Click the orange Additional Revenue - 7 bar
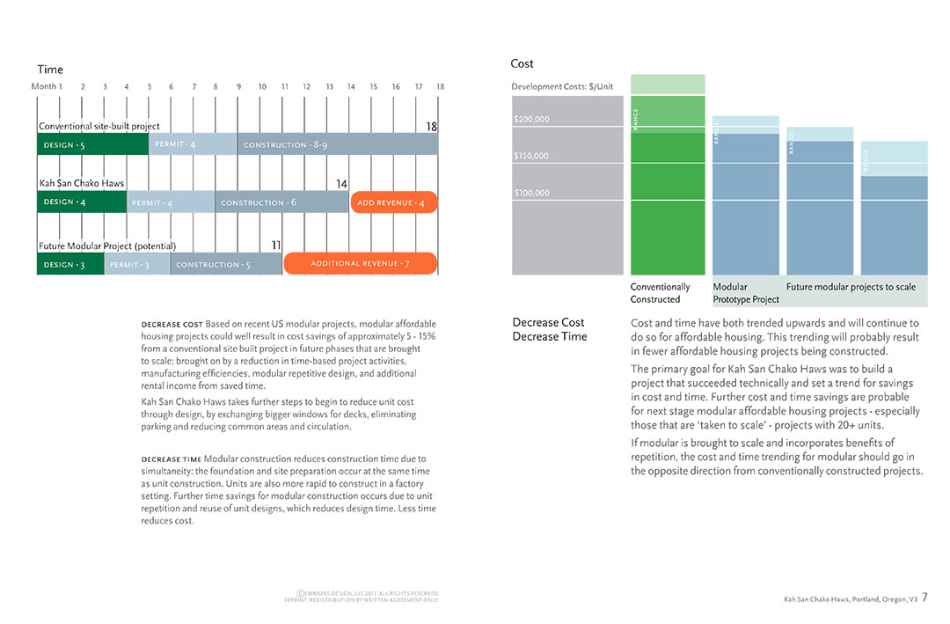click(x=360, y=263)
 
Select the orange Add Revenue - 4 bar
click(x=394, y=202)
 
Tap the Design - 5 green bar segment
click(x=92, y=144)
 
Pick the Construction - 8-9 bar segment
click(x=337, y=144)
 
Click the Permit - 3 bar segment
click(x=136, y=264)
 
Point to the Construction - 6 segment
click(x=281, y=202)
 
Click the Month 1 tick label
click(x=47, y=86)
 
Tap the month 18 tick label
click(x=440, y=86)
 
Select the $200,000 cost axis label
click(x=531, y=119)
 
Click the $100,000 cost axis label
click(x=531, y=193)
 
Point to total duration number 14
click(x=342, y=184)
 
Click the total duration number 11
click(x=276, y=246)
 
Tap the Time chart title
click(x=50, y=70)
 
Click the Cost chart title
click(x=522, y=63)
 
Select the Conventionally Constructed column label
click(x=661, y=293)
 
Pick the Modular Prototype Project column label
click(x=746, y=293)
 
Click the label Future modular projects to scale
click(x=851, y=287)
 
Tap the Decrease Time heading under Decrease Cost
click(x=550, y=336)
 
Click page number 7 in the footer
click(x=925, y=597)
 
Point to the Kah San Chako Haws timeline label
click(x=82, y=184)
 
